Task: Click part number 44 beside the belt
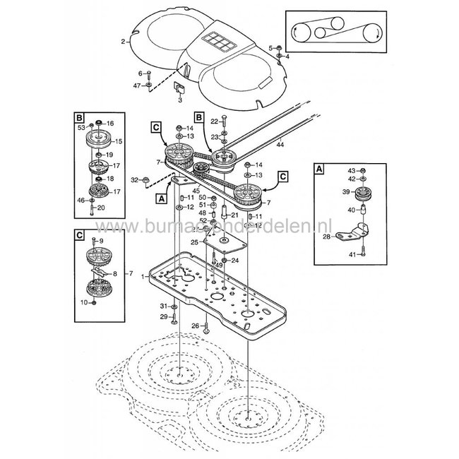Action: point(281,145)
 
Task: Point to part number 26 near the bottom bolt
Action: point(196,326)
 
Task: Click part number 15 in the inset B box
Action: point(119,142)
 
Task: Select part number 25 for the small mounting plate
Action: point(193,242)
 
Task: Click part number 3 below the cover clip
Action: point(179,101)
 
